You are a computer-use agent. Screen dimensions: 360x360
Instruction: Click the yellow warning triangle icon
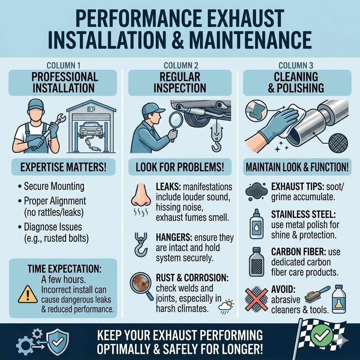pos(28,295)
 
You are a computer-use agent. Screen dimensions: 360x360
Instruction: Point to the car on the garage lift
pos(91,130)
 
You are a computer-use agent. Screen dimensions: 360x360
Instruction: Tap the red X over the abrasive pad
pos(256,300)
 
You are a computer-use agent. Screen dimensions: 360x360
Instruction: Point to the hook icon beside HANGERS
pos(141,245)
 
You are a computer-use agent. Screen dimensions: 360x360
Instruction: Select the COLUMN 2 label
pos(181,66)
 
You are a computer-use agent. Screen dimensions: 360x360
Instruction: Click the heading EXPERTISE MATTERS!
pos(63,167)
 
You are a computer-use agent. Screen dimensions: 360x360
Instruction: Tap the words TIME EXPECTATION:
pos(65,269)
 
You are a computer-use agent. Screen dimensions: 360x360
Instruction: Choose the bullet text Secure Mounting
pos(54,186)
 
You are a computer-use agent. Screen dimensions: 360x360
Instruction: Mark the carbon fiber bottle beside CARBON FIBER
pos(256,262)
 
